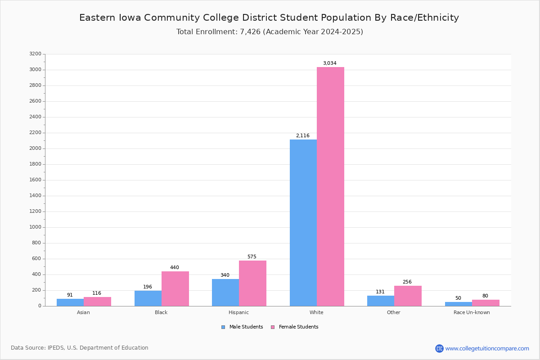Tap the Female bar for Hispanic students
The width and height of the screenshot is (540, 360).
252,283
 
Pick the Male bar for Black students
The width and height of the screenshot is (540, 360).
148,298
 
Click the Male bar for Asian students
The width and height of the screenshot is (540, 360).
70,302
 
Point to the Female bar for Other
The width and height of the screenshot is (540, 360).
408,296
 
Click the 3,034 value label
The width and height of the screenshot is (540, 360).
329,63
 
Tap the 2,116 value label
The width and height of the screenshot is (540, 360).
302,136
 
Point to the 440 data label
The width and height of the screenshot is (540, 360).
175,268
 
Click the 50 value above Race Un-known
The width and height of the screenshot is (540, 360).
458,298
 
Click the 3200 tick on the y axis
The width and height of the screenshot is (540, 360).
35,54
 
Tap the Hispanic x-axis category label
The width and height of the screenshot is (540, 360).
238,313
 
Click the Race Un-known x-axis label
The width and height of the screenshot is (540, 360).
472,313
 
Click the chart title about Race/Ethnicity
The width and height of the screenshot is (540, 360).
269,18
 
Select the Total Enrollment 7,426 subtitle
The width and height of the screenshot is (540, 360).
270,32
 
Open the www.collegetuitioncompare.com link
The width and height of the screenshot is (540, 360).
487,348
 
